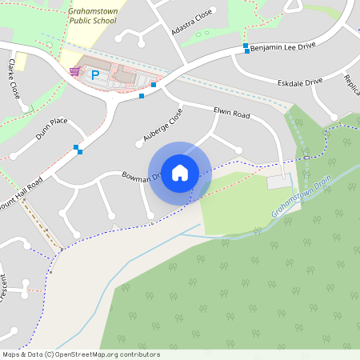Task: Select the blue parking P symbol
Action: click(x=95, y=75)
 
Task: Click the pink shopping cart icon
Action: click(x=74, y=71)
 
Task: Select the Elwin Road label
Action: click(x=232, y=114)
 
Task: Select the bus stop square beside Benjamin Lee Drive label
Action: click(x=246, y=46)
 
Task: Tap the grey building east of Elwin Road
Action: click(x=280, y=182)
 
